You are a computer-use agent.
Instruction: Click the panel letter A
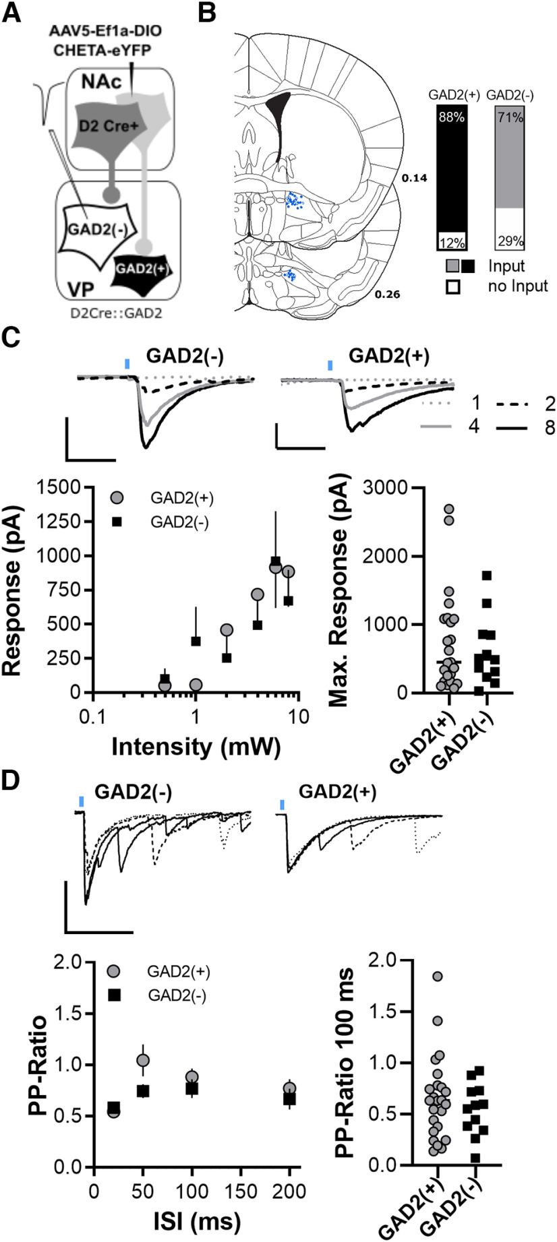pyautogui.click(x=11, y=14)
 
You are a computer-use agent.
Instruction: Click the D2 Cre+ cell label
pyautogui.click(x=101, y=125)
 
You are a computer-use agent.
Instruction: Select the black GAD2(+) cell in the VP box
pyautogui.click(x=142, y=269)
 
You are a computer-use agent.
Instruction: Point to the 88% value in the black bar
pyautogui.click(x=450, y=118)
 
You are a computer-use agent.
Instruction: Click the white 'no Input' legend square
pyautogui.click(x=453, y=286)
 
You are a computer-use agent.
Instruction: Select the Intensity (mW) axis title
pyautogui.click(x=195, y=746)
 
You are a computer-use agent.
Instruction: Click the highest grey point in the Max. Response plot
pyautogui.click(x=431, y=509)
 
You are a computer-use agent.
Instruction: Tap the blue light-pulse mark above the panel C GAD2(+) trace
pyautogui.click(x=330, y=365)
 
